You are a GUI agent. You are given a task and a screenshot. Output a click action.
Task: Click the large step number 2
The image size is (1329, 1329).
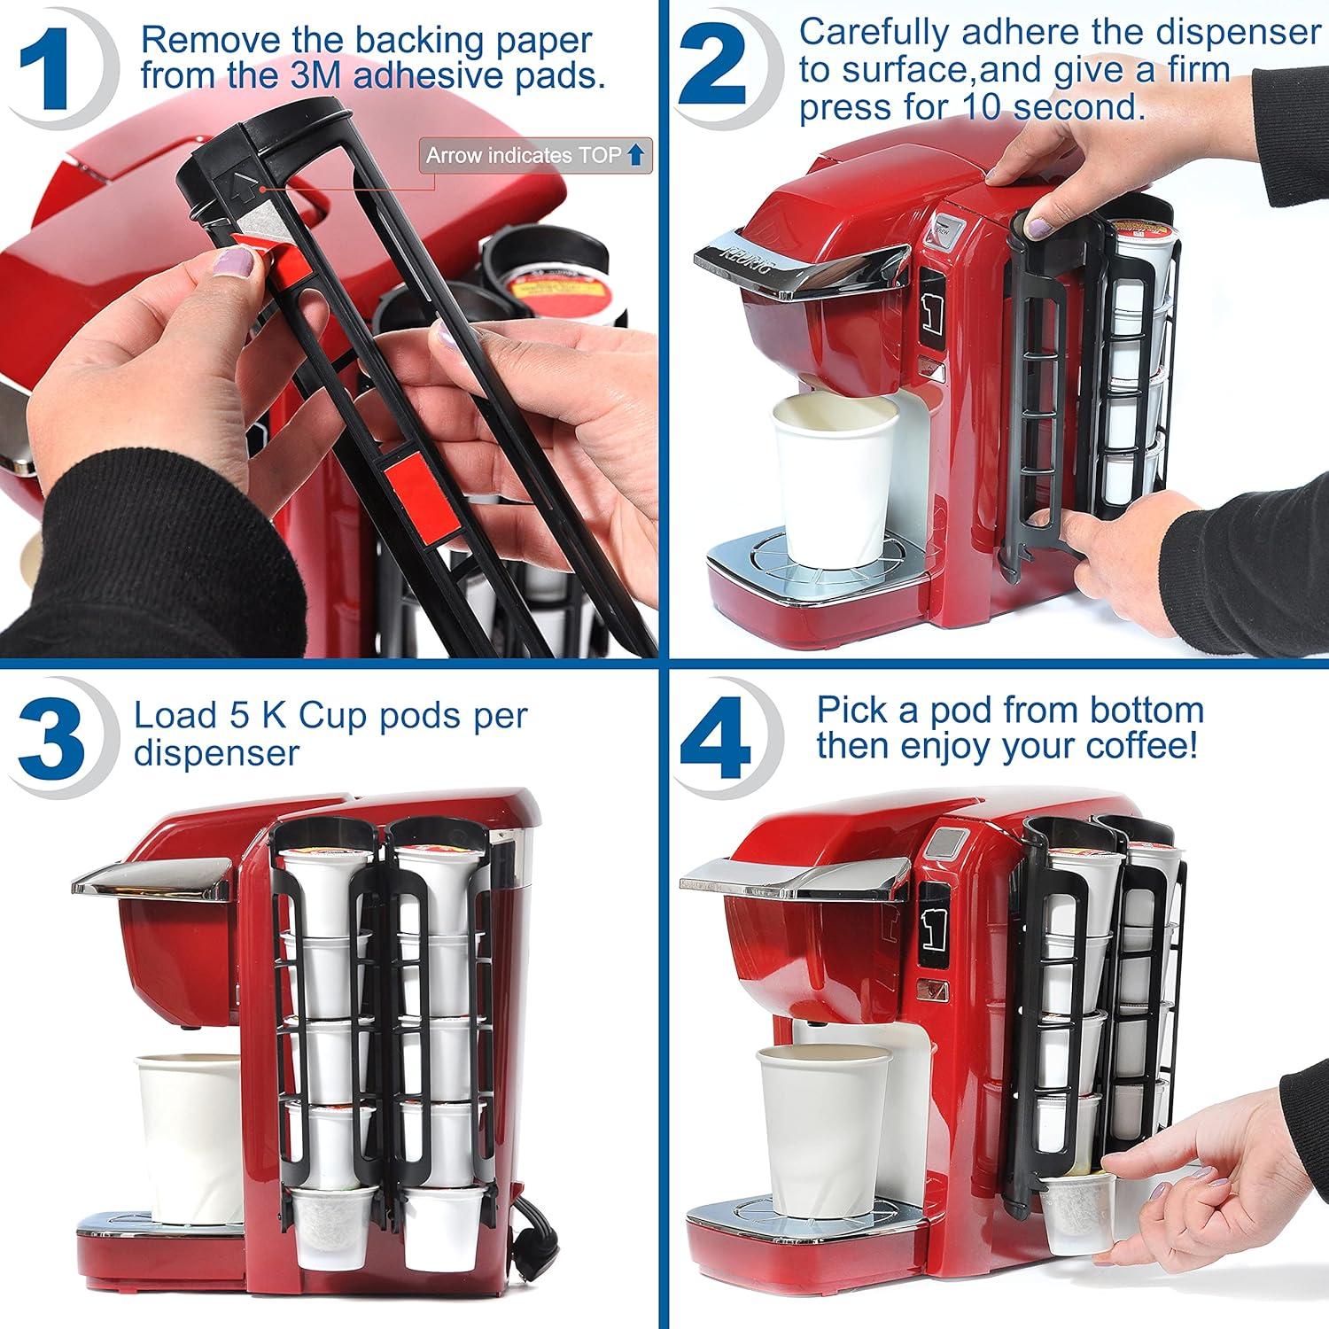(714, 71)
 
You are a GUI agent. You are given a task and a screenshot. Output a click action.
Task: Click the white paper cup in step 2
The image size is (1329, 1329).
(828, 484)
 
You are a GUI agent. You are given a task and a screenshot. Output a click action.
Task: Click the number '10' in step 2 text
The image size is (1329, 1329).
(981, 108)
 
